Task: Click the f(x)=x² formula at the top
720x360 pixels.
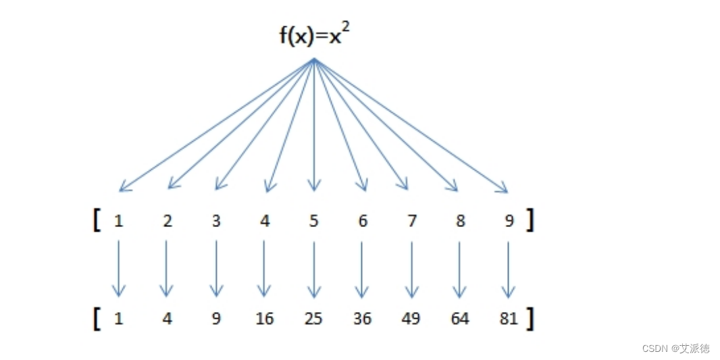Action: [314, 34]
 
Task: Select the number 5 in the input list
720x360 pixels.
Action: [313, 221]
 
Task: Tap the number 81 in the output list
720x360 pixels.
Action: [508, 318]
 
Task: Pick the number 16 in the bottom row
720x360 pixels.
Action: [265, 318]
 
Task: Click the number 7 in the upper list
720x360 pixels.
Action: [411, 221]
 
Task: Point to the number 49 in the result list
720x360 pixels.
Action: [411, 318]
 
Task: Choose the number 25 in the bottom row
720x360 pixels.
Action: [313, 318]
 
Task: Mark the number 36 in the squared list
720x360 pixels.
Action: [362, 318]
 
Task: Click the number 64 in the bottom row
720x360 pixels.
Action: [459, 318]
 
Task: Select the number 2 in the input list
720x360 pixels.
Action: [168, 221]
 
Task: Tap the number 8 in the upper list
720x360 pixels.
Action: [460, 221]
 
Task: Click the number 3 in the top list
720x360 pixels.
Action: [216, 221]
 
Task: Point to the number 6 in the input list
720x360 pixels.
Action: [363, 221]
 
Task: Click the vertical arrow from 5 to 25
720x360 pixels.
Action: [313, 269]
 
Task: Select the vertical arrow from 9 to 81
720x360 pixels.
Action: [509, 269]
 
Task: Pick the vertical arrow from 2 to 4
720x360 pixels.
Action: [166, 269]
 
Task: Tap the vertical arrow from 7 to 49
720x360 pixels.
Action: [411, 269]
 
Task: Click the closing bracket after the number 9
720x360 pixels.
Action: [530, 220]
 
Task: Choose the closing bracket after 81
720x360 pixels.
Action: [530, 318]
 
